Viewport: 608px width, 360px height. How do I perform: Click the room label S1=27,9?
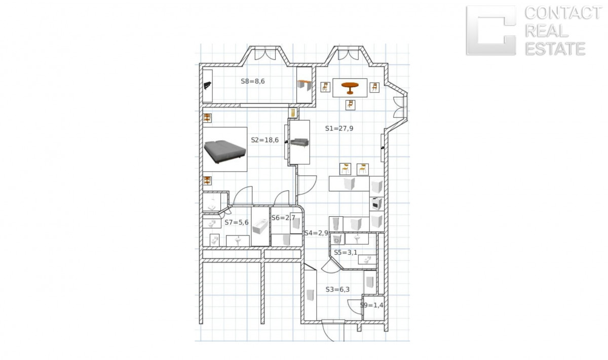(339, 128)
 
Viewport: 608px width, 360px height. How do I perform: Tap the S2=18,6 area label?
(264, 140)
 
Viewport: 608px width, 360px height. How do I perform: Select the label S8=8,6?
(253, 81)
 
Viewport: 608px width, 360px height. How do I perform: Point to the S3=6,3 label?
(337, 290)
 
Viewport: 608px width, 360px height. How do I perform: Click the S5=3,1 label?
(346, 253)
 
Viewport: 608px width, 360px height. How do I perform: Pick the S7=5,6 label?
(237, 222)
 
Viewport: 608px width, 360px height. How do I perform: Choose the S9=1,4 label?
(371, 305)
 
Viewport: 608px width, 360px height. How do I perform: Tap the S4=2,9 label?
(316, 233)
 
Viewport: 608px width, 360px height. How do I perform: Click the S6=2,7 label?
(283, 218)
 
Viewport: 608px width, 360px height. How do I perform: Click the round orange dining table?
(350, 88)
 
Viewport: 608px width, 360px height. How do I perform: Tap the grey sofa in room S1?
(299, 142)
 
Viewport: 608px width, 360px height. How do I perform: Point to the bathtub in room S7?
(260, 226)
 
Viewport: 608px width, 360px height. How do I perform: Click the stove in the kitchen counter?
(377, 204)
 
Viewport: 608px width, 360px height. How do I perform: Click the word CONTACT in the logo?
(563, 13)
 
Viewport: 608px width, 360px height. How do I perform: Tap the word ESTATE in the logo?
(555, 49)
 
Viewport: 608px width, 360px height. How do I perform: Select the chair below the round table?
(351, 105)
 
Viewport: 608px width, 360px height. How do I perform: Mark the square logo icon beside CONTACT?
(491, 30)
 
